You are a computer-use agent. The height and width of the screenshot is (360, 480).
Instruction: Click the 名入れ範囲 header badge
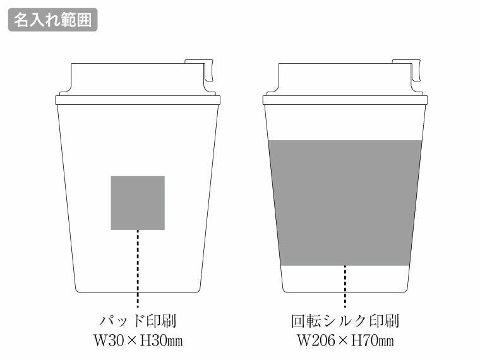52,20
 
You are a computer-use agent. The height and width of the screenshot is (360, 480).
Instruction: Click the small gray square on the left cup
138,202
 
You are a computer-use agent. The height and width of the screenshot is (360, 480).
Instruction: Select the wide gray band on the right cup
345,202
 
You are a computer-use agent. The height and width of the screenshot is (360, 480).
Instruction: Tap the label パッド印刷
138,321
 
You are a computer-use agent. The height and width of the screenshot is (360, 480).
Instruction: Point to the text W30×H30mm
138,341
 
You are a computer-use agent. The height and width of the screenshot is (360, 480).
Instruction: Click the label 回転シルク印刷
345,321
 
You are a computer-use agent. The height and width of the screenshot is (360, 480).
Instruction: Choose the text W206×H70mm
345,341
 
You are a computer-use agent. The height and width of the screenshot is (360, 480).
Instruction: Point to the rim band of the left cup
138,100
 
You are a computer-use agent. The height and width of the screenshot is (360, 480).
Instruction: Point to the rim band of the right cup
345,100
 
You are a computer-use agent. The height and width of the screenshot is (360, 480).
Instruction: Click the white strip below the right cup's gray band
345,278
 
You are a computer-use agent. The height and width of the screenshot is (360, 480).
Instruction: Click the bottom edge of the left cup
138,292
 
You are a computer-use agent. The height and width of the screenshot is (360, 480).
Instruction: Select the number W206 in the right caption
314,341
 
